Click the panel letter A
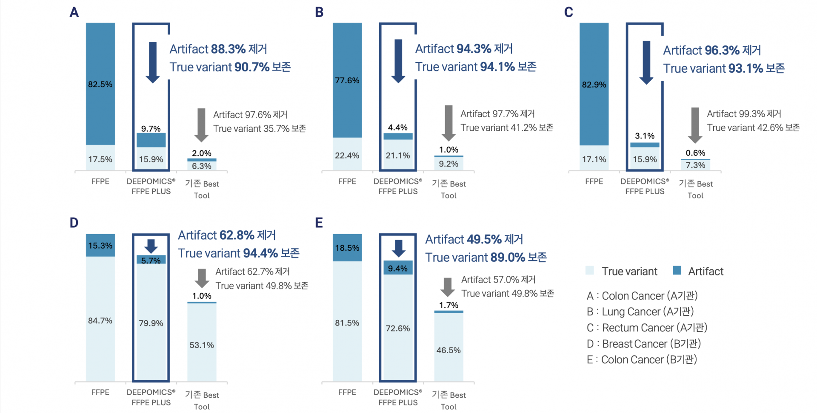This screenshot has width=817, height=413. [74, 12]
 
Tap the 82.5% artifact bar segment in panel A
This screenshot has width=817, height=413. [100, 84]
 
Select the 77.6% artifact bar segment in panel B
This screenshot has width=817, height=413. [347, 80]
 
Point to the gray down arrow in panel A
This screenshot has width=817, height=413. [201, 124]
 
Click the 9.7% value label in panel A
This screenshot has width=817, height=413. [151, 129]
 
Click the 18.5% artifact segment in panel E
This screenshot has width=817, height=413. [347, 248]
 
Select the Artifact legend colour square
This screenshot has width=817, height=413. [677, 271]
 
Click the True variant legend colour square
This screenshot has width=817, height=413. [590, 271]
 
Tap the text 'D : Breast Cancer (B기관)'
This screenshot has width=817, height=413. [643, 344]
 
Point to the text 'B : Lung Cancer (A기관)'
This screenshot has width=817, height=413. [640, 312]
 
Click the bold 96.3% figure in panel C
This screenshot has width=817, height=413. [722, 51]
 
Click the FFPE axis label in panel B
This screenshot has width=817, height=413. [347, 181]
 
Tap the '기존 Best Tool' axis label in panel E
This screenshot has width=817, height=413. [448, 400]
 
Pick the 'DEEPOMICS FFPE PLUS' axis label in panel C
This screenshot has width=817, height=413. [645, 186]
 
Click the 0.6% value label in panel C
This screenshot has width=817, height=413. [695, 153]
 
